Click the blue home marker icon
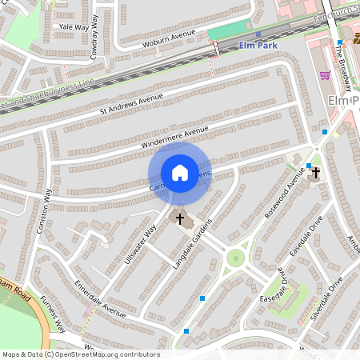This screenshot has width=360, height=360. tap(180, 172)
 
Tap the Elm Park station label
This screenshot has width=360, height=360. tap(258, 46)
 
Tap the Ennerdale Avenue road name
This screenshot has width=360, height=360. tap(100, 298)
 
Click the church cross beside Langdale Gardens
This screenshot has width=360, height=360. tap(180, 218)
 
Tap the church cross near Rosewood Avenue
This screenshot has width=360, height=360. tap(316, 173)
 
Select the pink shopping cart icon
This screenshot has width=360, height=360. tap(325, 75)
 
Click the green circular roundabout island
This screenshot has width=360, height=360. tap(234, 258)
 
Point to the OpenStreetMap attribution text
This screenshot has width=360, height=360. tap(80, 354)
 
